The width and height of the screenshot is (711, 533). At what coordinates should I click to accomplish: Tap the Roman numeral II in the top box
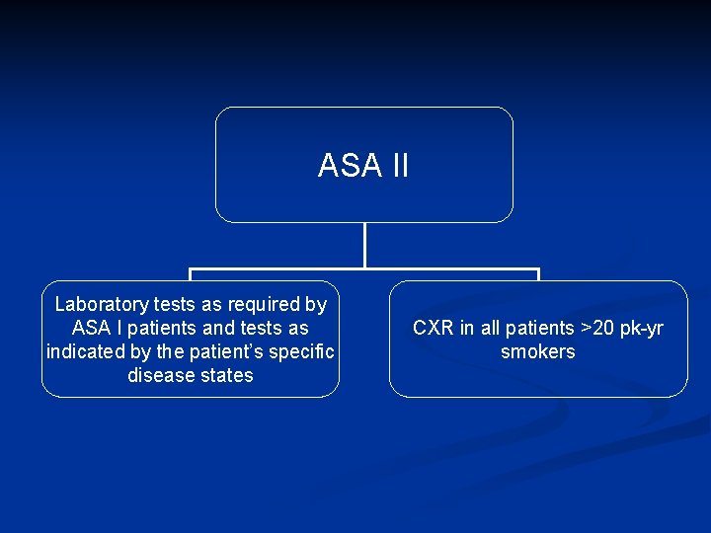click(x=398, y=166)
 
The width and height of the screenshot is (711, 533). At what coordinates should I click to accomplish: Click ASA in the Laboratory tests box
click(x=91, y=328)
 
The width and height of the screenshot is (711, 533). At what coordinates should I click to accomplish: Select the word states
click(x=226, y=375)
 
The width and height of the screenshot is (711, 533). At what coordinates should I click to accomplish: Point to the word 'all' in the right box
click(x=491, y=328)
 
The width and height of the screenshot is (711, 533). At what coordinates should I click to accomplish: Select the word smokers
click(x=538, y=351)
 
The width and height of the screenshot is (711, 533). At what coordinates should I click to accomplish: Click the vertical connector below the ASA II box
click(x=365, y=245)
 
